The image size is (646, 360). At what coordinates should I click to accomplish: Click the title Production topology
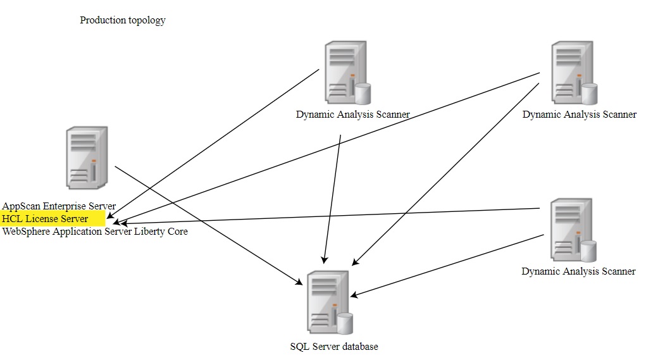click(123, 20)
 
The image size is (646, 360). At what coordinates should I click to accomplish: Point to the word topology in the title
click(145, 20)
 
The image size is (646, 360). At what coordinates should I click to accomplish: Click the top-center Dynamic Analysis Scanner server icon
click(345, 73)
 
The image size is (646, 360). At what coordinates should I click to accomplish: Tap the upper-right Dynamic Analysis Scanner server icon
click(572, 73)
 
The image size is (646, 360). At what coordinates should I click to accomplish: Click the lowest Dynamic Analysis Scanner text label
click(578, 271)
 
